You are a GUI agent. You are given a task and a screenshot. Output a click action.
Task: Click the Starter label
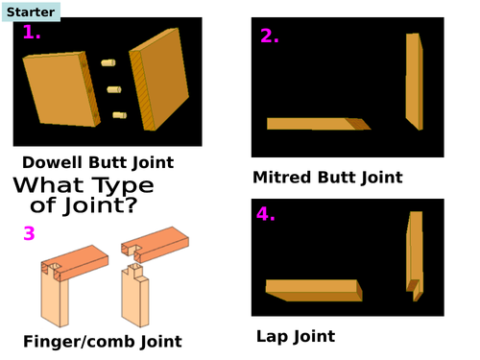31,12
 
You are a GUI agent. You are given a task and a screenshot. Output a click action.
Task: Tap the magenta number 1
32,33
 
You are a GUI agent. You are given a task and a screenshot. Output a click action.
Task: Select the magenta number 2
269,36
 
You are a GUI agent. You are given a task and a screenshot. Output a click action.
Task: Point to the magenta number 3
29,233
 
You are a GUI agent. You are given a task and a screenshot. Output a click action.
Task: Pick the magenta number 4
266,214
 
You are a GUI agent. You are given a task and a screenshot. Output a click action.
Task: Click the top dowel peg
108,62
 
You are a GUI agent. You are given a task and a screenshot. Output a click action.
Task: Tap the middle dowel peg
114,89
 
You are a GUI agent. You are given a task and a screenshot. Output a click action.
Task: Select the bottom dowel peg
120,115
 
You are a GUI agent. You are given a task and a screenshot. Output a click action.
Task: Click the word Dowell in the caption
52,162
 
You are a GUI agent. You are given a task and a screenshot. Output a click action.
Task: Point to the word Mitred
281,178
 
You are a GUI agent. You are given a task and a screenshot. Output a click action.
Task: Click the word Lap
272,337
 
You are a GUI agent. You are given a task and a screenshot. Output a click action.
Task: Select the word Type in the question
123,186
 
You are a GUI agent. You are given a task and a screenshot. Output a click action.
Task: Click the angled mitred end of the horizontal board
358,124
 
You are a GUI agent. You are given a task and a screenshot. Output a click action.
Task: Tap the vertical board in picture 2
415,82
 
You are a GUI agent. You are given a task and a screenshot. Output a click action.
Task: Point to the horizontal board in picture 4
314,290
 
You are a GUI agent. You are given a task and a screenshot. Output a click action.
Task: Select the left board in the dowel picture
61,89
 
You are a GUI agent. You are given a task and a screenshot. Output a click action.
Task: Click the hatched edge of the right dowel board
142,91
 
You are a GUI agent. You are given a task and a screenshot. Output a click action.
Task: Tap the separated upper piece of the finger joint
155,244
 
